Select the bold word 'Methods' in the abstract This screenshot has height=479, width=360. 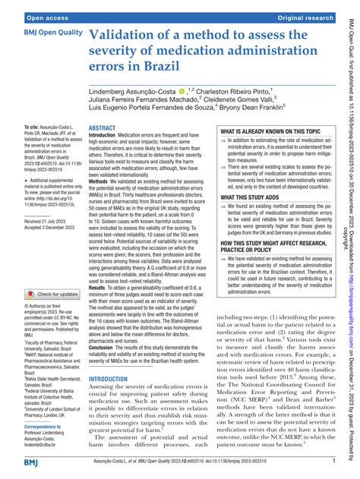coord(102,204)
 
